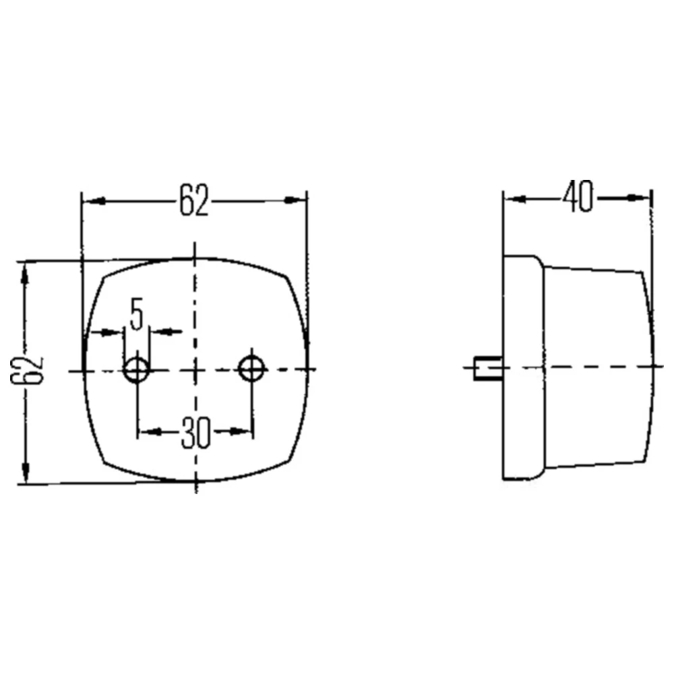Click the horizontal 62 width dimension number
coord(193,200)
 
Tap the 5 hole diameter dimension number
coord(137,315)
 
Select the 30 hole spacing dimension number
coord(195,432)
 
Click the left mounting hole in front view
coord(137,369)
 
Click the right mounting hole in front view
coord(253,368)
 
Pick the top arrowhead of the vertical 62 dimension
coord(26,272)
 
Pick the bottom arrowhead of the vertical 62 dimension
coord(26,471)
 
